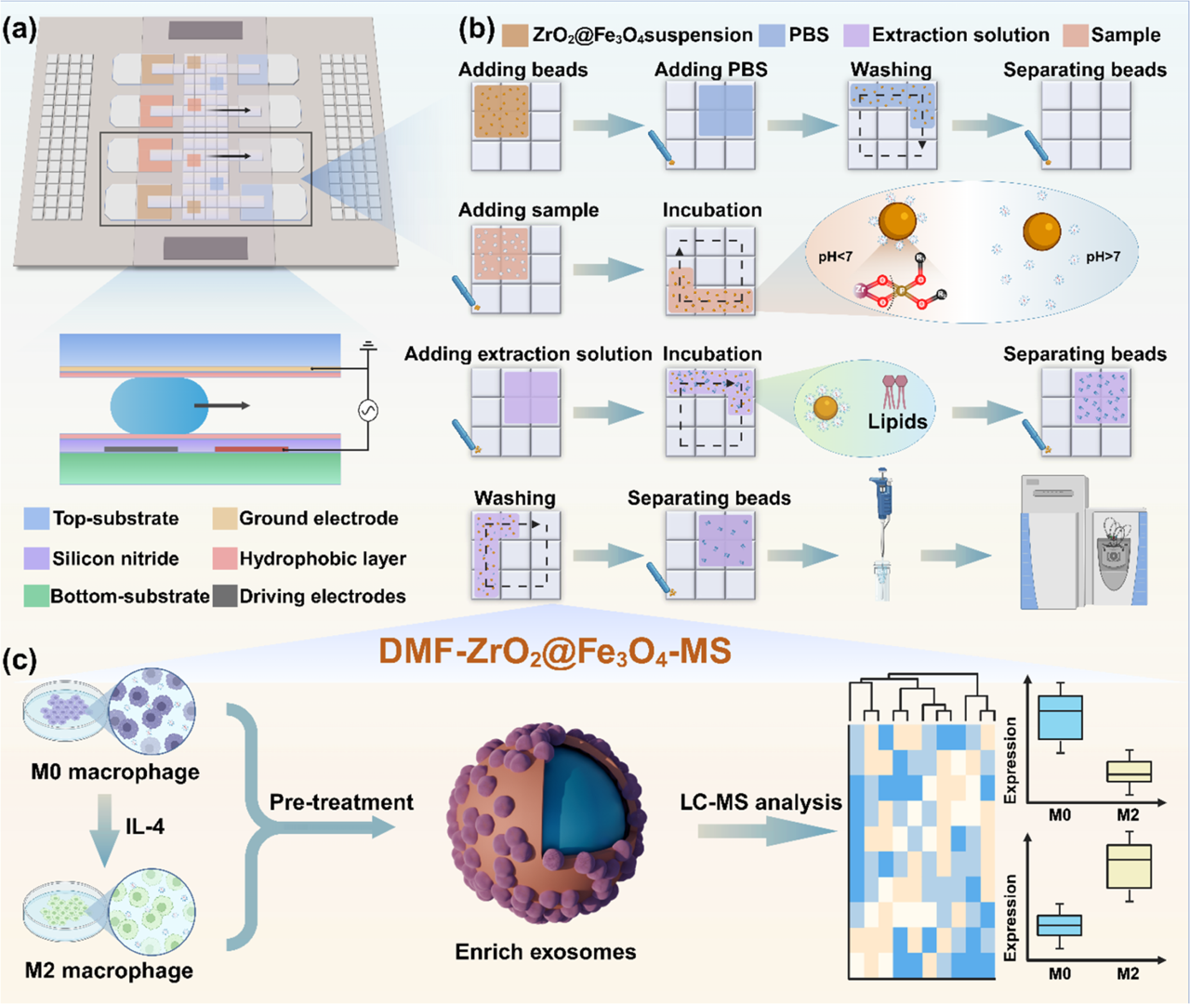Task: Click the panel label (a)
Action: tap(20, 30)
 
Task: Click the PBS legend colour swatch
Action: tap(773, 35)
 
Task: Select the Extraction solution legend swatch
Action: tap(855, 35)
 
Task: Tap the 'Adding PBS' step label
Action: tap(711, 70)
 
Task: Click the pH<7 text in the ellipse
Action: tap(835, 257)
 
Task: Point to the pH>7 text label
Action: tap(1103, 257)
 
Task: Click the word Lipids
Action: tap(897, 421)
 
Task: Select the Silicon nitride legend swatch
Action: tap(36, 558)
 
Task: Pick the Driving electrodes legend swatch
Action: tap(224, 596)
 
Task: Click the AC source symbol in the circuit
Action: tap(368, 410)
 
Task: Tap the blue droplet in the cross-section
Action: tap(159, 406)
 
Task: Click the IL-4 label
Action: tap(145, 826)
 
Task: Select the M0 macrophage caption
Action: tap(115, 772)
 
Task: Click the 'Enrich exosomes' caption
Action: tap(546, 952)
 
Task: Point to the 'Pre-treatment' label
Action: tap(341, 802)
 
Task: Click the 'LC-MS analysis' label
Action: tap(760, 802)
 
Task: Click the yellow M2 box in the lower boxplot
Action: tap(1130, 866)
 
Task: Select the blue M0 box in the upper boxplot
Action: tap(1060, 717)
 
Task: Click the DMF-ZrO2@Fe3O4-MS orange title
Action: tap(554, 651)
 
